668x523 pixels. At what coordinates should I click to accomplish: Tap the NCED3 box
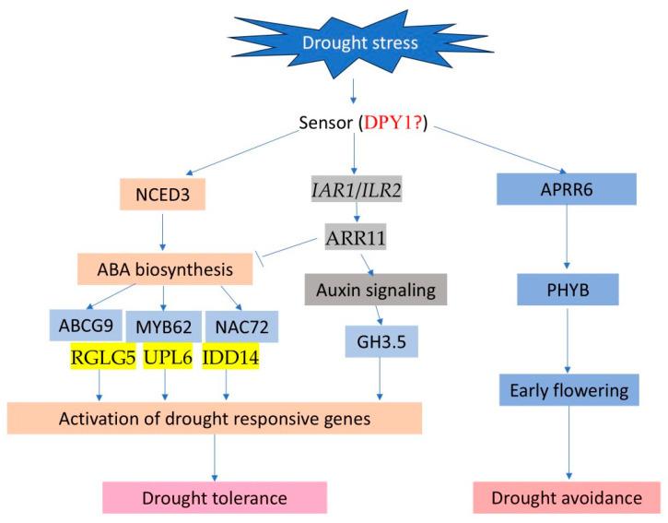[162, 196]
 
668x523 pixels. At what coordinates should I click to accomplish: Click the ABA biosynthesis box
[165, 270]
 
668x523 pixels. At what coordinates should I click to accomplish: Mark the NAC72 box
[243, 326]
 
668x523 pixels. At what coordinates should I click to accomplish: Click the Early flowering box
[568, 390]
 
